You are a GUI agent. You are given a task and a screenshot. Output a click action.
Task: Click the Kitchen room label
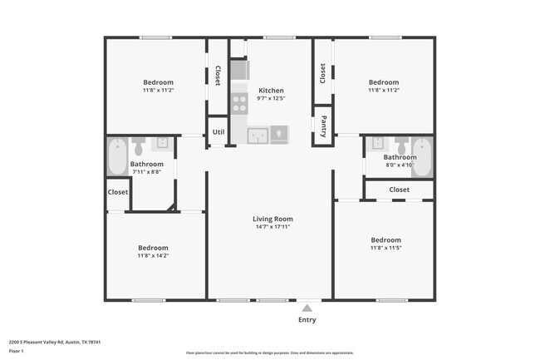(271, 91)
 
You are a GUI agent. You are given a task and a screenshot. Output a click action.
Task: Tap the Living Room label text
(272, 219)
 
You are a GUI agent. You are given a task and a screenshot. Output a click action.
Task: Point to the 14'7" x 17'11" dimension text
(272, 227)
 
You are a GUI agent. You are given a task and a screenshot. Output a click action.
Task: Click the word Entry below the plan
(307, 320)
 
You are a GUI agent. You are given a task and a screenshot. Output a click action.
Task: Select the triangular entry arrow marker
(307, 307)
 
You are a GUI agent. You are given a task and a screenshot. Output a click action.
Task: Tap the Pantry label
(322, 125)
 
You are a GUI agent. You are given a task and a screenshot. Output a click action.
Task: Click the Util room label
(218, 131)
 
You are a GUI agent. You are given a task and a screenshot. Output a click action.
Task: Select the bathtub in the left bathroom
(115, 155)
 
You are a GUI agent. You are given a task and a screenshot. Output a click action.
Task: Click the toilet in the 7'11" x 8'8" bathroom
(140, 147)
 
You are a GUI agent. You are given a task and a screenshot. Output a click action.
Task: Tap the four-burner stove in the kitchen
(239, 104)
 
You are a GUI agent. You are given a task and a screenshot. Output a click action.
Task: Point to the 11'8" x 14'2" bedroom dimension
(153, 256)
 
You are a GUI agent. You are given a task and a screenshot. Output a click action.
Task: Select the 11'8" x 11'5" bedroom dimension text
(385, 248)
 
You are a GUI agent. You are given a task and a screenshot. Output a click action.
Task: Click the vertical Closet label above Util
(218, 76)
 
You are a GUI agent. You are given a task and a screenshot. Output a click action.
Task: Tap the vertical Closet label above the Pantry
(322, 73)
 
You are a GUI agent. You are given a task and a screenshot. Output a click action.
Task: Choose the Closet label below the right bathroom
(399, 190)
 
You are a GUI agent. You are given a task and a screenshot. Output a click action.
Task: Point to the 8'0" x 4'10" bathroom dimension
(400, 165)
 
